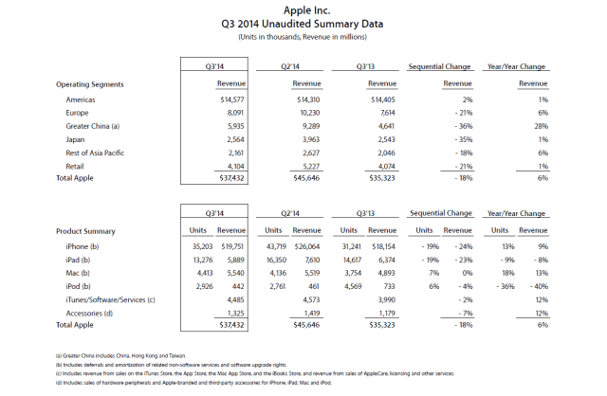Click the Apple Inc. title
(x=303, y=9)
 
